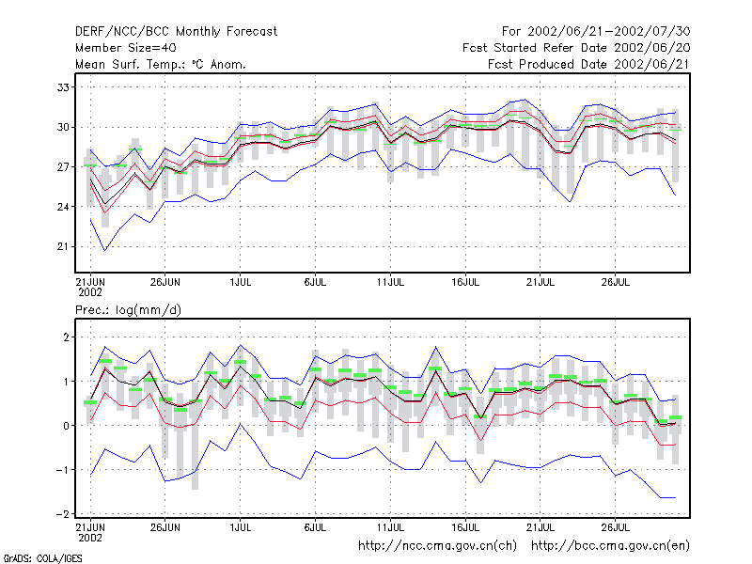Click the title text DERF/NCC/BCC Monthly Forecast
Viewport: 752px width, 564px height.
(x=176, y=32)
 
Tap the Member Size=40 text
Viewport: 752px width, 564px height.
(x=126, y=48)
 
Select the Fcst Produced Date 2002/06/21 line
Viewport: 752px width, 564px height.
(x=588, y=64)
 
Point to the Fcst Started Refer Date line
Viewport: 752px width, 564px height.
(x=576, y=48)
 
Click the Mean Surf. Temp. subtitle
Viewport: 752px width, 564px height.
(x=161, y=64)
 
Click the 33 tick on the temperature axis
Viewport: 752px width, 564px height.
(x=63, y=87)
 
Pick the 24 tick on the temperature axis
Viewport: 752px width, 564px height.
(x=63, y=207)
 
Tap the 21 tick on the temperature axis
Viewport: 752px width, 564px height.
(x=63, y=246)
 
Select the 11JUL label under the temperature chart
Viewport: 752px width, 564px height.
(x=390, y=283)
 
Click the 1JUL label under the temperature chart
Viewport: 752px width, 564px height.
(x=241, y=283)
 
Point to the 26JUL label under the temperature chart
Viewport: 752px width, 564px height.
(x=616, y=283)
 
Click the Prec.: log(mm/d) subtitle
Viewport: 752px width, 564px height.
(x=128, y=310)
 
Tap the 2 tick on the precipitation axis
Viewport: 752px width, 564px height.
(x=66, y=337)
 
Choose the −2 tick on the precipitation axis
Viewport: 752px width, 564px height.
(x=62, y=513)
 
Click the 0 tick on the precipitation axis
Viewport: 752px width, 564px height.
(x=66, y=426)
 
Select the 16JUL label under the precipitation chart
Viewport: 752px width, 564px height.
(x=465, y=528)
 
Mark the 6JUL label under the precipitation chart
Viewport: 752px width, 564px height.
(x=315, y=528)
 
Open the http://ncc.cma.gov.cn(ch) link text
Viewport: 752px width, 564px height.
(x=437, y=546)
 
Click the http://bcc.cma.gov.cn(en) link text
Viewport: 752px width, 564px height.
(x=610, y=546)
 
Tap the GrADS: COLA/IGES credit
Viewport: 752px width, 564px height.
(x=42, y=558)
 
